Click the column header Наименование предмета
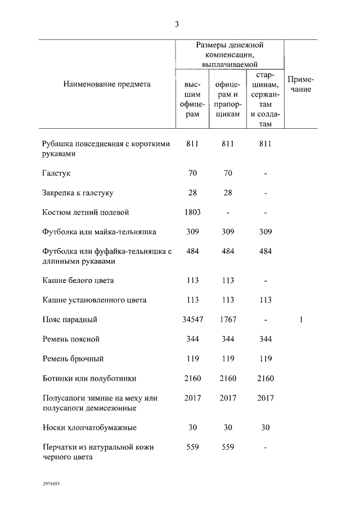tap(107, 84)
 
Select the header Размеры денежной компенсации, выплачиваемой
tap(229, 54)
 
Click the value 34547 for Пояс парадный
tap(193, 319)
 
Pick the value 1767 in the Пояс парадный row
tap(227, 319)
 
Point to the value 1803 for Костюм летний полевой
tap(193, 212)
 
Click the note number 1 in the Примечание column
tap(301, 319)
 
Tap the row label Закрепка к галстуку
tap(78, 193)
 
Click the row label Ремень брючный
tap(73, 359)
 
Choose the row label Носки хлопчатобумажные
tap(89, 428)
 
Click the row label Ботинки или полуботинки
tap(89, 379)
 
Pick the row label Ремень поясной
tap(71, 339)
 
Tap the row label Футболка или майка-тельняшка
tap(100, 232)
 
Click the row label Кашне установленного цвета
tap(94, 300)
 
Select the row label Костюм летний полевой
tap(86, 212)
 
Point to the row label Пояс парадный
tap(70, 319)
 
